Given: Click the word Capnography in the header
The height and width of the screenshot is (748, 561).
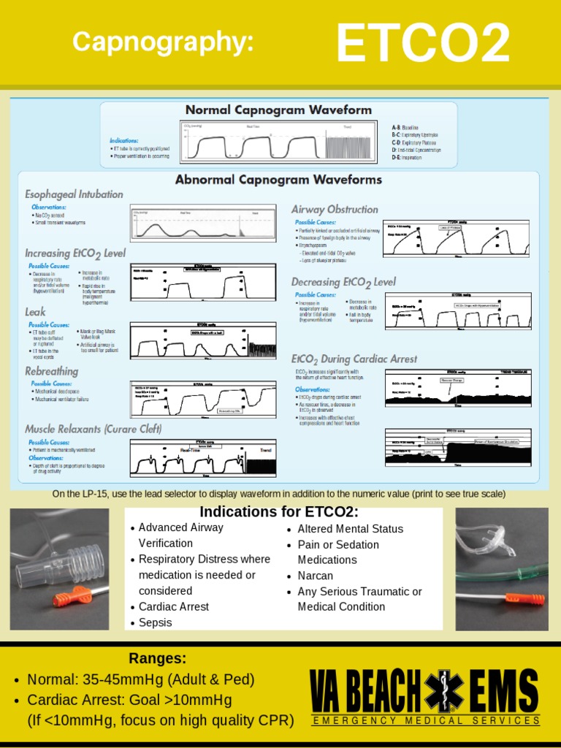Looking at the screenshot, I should coord(163,42).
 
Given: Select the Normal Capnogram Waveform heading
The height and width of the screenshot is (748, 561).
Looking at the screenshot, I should coord(278,110).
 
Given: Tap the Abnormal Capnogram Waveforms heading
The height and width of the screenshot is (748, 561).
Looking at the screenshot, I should coord(278,180).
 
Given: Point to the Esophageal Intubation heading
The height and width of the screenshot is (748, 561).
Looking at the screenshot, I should coord(74,194).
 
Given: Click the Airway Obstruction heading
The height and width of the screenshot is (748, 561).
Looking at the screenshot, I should coord(335,210).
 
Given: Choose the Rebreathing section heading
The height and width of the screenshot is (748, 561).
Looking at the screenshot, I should coord(51,371).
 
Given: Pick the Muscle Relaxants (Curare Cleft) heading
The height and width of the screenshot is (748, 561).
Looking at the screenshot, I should coord(93,429).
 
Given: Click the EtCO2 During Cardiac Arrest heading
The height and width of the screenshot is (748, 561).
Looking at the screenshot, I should coord(354,359).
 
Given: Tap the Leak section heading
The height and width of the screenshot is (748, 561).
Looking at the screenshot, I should coord(35,312).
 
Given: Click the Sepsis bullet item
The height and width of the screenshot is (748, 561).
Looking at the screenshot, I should coord(155,622).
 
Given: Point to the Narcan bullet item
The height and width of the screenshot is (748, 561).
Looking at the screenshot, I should coord(317,576).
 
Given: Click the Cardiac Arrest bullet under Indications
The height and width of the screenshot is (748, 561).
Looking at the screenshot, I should coord(173,606).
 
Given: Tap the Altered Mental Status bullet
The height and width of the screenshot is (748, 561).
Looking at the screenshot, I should coord(350,528).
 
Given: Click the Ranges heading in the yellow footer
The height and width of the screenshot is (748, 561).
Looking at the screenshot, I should coord(158,658).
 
